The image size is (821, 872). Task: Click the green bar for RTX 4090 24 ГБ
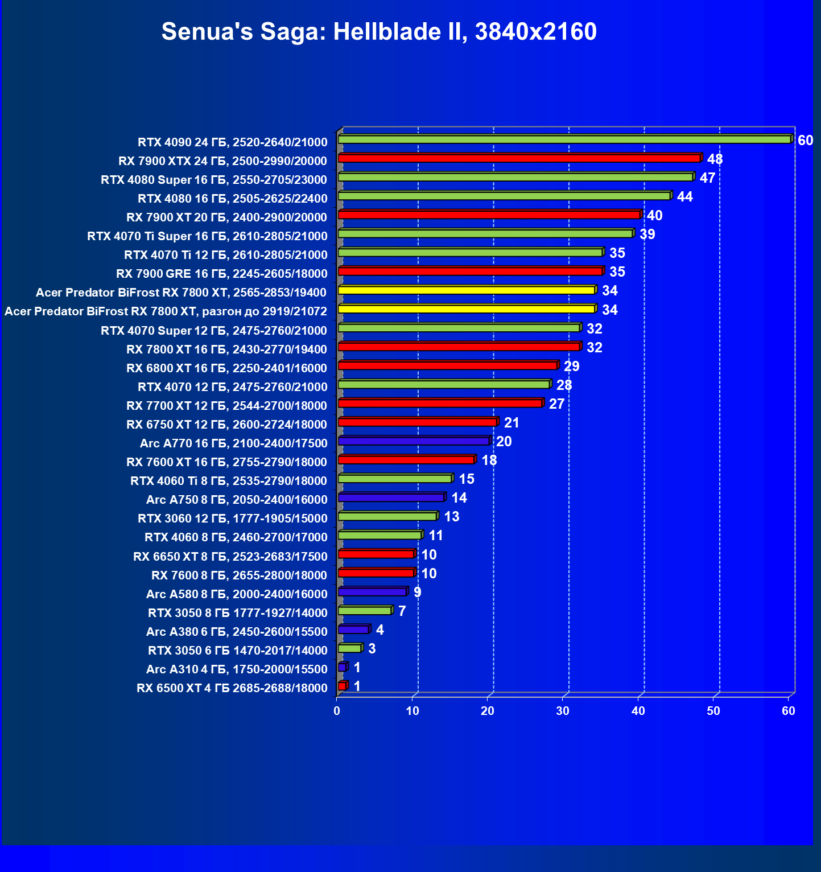coord(563,139)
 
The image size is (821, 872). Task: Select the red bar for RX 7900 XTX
coord(519,158)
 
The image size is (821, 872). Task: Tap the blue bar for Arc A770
coord(414,441)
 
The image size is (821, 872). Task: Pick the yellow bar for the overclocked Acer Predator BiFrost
coord(467,309)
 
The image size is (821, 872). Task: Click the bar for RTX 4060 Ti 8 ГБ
coord(395,479)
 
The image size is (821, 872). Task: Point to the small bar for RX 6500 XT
coord(342,686)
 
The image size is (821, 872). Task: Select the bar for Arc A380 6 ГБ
coord(353,630)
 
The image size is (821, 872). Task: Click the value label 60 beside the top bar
coord(805,141)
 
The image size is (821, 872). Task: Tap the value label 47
coord(707,178)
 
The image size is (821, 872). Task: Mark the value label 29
coord(571,367)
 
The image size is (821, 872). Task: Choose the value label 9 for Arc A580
coord(417,593)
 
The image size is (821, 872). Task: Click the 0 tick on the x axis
coord(337,711)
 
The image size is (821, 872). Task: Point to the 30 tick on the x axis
coord(563,711)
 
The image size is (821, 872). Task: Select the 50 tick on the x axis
coord(713,711)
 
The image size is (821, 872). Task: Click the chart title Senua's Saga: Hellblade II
coord(379,31)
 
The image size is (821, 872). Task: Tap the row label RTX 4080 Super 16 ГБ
coord(214,180)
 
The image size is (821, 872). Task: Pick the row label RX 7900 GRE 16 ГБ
coord(222,274)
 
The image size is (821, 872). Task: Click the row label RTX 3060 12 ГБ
coord(233,519)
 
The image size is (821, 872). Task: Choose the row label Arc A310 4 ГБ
coord(237,669)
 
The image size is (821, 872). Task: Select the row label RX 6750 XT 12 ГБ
coord(226,425)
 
